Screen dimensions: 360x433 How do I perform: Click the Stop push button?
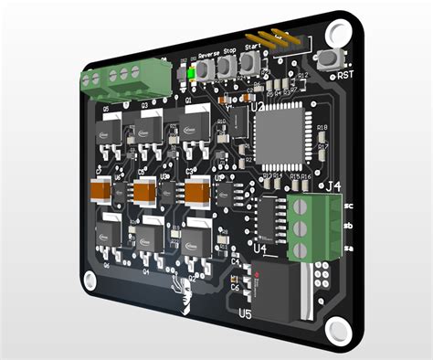click(x=224, y=64)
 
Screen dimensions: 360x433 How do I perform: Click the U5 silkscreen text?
click(x=245, y=313)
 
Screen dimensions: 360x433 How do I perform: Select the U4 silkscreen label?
click(x=259, y=248)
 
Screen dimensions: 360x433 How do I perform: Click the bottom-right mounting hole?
click(x=337, y=331)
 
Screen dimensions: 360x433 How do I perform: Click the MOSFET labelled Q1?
click(x=197, y=125)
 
